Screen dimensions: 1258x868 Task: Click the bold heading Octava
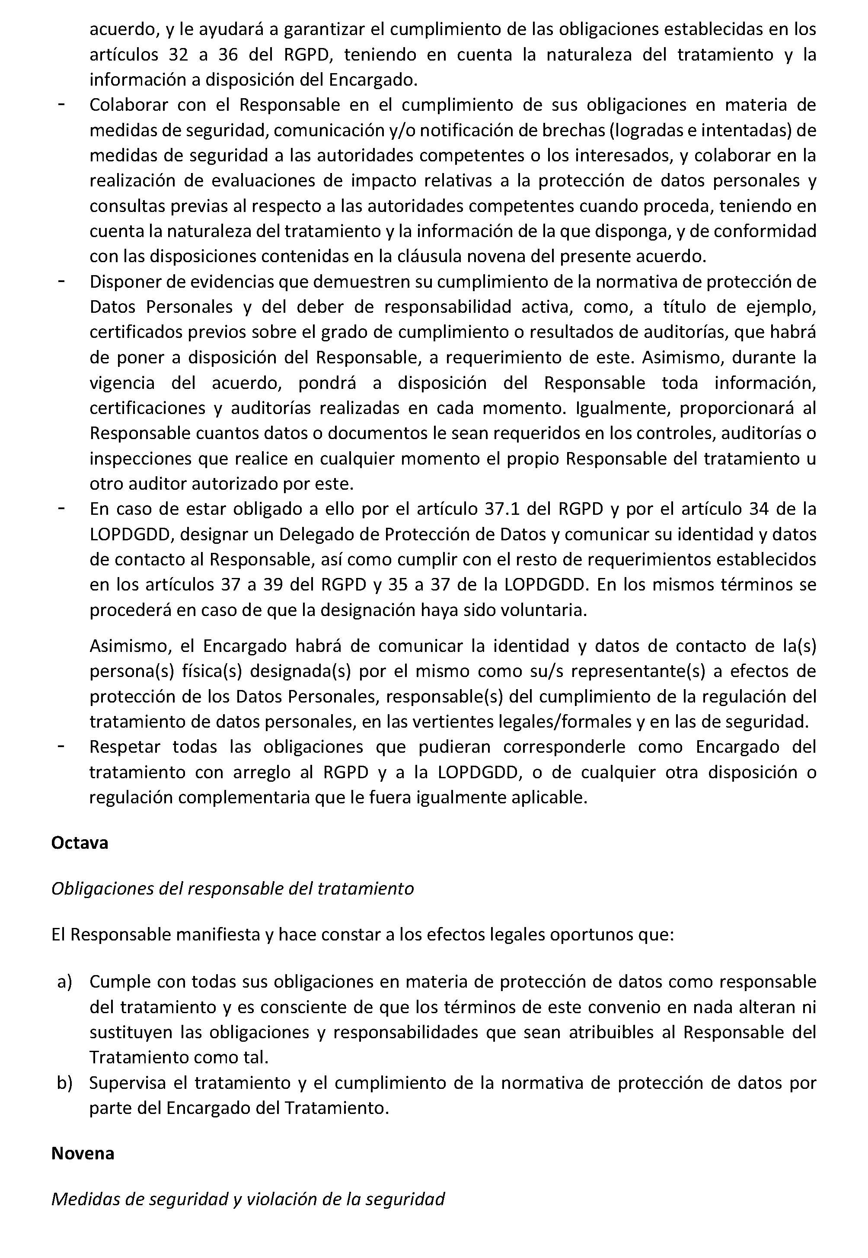coord(80,843)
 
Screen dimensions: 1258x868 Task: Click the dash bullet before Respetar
coord(61,747)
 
